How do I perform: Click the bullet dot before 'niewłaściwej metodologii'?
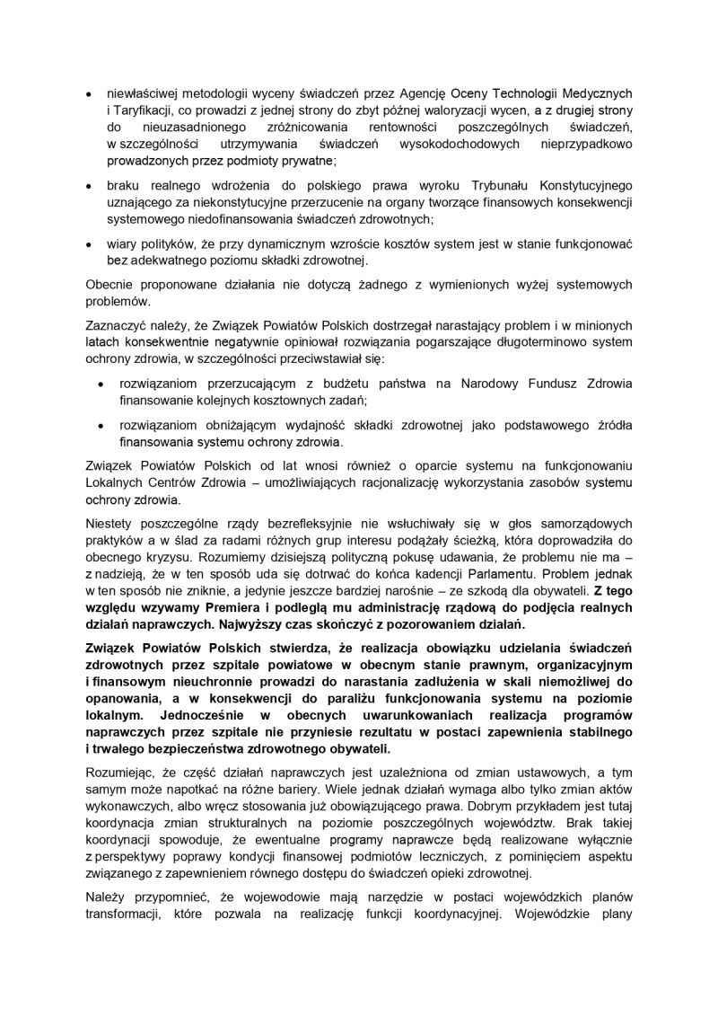point(87,93)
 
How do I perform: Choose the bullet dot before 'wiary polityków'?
point(87,244)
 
